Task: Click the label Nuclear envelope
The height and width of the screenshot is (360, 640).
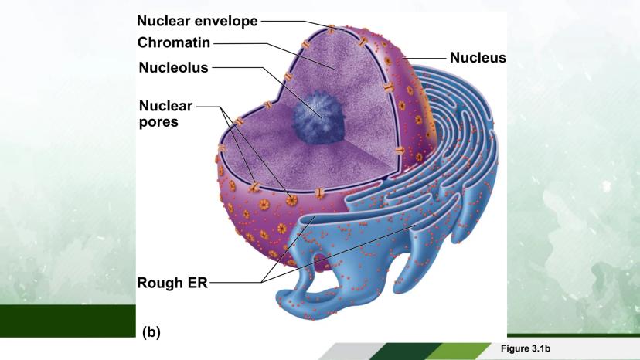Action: pos(197,21)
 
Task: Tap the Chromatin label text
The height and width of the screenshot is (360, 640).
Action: pos(174,42)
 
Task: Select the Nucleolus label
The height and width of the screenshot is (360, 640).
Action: pos(174,67)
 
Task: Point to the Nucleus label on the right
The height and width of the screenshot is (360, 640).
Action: pos(477,57)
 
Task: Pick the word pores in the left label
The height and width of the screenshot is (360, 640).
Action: pos(159,121)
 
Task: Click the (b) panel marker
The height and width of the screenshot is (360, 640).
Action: pos(151,332)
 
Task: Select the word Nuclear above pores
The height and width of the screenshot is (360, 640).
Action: pos(165,105)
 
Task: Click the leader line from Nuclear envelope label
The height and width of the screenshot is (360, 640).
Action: pos(286,22)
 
